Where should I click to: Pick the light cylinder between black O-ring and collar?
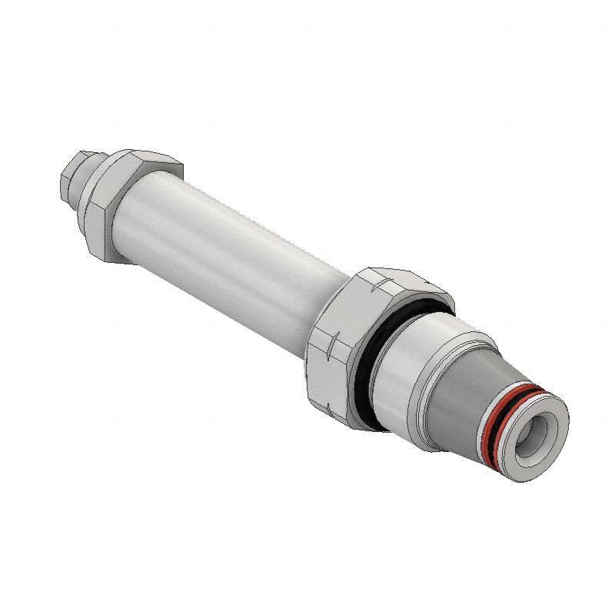point(407,361)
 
